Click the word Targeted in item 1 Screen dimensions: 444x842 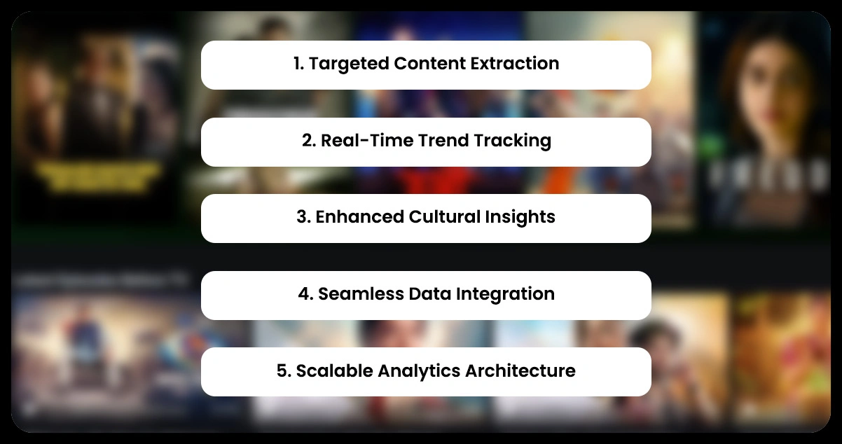[348, 64]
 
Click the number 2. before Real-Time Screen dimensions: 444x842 [309, 141]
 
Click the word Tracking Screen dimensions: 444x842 [512, 141]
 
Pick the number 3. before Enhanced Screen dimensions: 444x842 [303, 217]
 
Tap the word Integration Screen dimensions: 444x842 [505, 294]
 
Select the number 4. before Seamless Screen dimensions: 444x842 [305, 294]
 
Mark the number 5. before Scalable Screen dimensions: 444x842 [284, 370]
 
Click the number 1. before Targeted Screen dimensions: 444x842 [298, 64]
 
